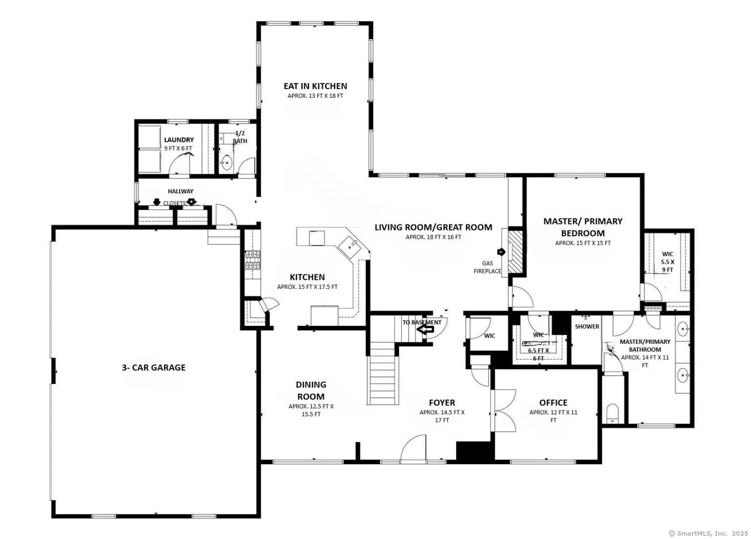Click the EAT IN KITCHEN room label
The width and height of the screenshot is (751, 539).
tap(315, 86)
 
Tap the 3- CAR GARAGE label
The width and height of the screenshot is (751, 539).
tap(154, 367)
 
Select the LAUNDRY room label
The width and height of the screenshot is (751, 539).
tap(178, 140)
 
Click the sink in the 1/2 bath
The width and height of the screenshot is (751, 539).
tap(226, 162)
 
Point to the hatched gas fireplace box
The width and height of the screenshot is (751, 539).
tap(515, 251)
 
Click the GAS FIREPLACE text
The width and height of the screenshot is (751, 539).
tap(487, 267)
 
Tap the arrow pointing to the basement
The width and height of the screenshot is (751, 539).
tap(425, 330)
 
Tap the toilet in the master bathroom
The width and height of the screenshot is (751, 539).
tap(612, 414)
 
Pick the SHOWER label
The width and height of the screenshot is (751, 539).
tap(587, 326)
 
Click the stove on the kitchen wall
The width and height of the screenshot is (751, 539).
tap(252, 260)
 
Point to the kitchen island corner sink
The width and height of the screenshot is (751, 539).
tap(351, 245)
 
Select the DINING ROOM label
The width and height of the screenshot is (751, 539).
tap(311, 390)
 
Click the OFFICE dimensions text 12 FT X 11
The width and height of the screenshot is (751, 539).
tap(553, 412)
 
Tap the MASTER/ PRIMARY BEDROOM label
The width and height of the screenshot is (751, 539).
tap(583, 227)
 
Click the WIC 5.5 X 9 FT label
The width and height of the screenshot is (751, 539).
tap(667, 262)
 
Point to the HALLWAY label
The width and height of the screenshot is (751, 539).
tap(180, 191)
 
